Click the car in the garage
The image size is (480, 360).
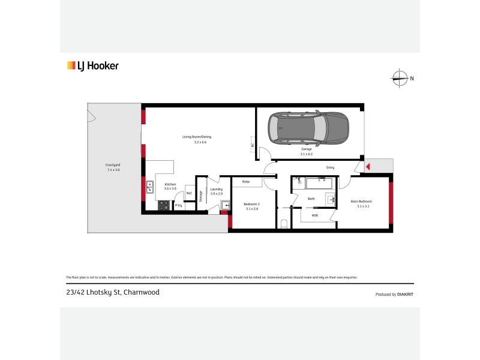pos(308,128)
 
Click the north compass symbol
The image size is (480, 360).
pos(398,77)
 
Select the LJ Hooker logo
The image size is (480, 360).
pos(92,66)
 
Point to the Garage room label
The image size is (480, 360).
pos(307,151)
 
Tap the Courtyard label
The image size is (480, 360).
pos(113,167)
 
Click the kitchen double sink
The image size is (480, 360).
pos(150,188)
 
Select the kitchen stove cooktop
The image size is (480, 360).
pos(163,205)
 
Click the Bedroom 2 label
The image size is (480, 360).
pos(251,206)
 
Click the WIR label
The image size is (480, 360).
pos(315,215)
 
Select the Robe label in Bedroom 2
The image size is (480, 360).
pos(246,181)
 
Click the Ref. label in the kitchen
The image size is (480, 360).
pos(189,193)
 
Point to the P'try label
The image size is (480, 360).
pos(178,206)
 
